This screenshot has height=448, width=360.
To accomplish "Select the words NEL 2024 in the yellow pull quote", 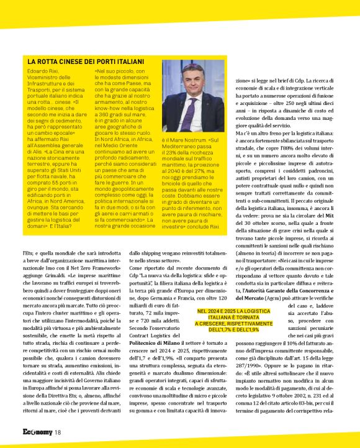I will (x=210, y=311).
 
